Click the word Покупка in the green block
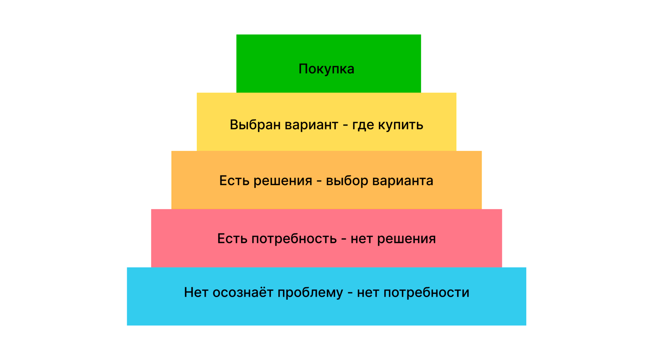326,69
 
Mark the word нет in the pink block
361,239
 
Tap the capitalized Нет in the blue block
196,292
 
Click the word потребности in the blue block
426,293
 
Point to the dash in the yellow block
346,125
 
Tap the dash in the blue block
350,293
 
